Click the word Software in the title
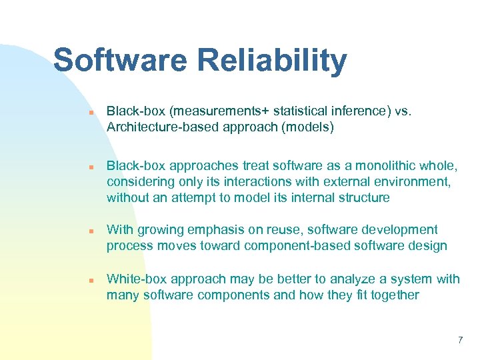coord(120,60)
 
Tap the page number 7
coord(460,341)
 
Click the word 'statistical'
coord(299,111)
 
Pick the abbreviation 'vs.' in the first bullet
coord(403,111)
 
